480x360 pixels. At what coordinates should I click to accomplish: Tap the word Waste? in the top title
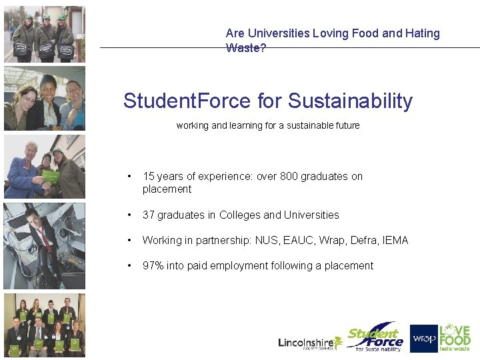(246, 48)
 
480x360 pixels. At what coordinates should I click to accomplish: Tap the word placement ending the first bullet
(167, 189)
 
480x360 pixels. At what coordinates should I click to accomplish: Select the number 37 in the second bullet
(149, 215)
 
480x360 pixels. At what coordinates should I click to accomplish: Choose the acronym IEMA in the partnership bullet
(395, 241)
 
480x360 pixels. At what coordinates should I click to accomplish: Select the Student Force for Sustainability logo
(376, 339)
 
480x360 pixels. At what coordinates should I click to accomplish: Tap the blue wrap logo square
(423, 339)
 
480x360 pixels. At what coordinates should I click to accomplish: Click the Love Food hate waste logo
(455, 338)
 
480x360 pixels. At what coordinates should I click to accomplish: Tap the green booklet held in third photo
(51, 177)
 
